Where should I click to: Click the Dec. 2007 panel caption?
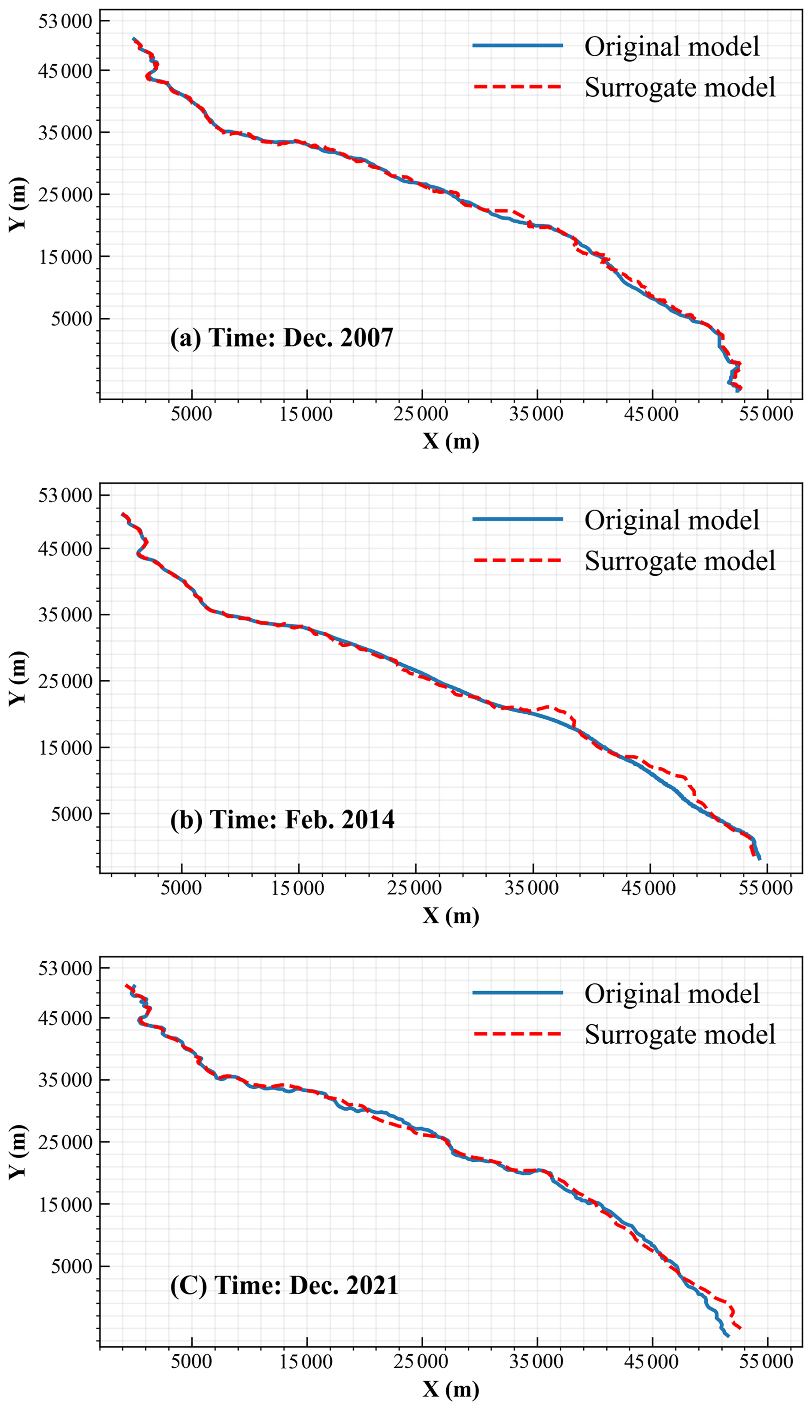tap(282, 338)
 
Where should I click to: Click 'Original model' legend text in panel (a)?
tap(672, 46)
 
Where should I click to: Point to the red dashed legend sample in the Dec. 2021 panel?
tap(517, 1034)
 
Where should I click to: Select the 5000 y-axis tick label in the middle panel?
tap(71, 814)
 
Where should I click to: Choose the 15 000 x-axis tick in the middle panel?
tap(298, 888)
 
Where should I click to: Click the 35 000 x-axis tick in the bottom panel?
tap(536, 1361)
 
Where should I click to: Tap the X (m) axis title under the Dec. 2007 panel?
tap(451, 442)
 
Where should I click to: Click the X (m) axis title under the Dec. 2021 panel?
tap(451, 1389)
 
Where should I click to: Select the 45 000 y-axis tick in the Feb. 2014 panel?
tap(65, 549)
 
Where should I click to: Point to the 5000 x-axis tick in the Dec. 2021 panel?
tap(191, 1361)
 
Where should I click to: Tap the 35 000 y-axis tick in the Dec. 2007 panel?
tap(65, 133)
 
